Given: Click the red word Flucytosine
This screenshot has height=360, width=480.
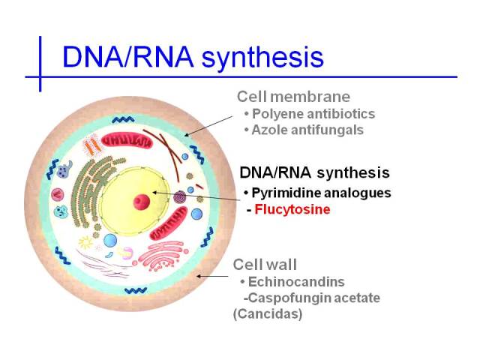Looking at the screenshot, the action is tap(292, 210).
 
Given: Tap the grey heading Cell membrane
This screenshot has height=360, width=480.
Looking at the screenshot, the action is tap(293, 97).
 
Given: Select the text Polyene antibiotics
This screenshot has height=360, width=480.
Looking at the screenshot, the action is tap(313, 114).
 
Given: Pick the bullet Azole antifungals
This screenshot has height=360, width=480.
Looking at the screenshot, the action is tap(307, 130).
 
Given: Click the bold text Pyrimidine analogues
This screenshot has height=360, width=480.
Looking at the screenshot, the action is tap(322, 193).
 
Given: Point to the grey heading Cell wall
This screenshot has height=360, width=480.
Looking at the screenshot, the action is tap(265, 265).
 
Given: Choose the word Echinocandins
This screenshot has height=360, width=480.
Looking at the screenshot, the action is tap(296, 282).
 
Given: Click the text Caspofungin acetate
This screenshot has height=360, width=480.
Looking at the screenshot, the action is tap(314, 298).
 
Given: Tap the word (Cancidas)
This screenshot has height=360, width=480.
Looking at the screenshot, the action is tap(268, 314).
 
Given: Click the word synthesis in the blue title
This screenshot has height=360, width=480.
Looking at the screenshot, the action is tap(262, 57).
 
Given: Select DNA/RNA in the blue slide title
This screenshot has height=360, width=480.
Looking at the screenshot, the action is tap(128, 57).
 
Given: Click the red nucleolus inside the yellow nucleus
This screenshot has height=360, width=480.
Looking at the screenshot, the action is tap(142, 202).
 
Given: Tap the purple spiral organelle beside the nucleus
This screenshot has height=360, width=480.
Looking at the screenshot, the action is tap(180, 197).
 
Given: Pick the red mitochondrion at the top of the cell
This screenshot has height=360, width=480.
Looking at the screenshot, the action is tap(127, 141).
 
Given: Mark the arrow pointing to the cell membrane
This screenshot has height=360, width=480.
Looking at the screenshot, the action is tap(208, 126).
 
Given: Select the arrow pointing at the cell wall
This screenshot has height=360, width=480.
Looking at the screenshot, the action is tap(212, 276).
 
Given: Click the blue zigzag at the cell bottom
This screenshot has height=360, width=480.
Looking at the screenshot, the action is tap(136, 290).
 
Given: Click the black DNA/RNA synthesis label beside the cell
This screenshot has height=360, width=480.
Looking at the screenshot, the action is tap(315, 172).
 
